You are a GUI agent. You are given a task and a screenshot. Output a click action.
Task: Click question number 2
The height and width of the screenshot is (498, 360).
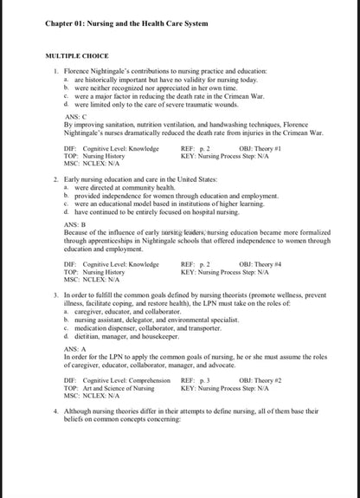pos(56,178)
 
